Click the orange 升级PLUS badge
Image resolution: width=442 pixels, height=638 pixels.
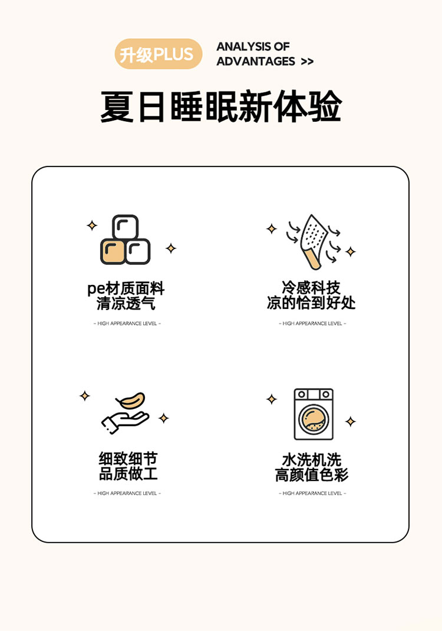point(158,54)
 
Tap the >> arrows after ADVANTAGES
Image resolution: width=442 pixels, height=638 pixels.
point(307,62)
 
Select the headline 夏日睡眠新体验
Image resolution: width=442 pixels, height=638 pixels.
point(221,107)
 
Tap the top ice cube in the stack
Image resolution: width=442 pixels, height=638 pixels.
point(125,227)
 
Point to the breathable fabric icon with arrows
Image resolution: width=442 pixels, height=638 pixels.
point(314,242)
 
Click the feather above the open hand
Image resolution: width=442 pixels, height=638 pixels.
point(131,400)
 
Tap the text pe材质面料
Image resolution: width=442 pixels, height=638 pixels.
point(126,289)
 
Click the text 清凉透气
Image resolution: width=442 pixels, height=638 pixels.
point(126,304)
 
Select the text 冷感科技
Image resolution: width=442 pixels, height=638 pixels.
point(311,288)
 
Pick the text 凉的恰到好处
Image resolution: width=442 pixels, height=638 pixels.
point(311,303)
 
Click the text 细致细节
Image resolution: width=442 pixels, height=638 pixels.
point(128,458)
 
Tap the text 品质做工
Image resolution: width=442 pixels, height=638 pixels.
point(128,474)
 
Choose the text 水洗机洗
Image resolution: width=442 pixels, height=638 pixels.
point(312,460)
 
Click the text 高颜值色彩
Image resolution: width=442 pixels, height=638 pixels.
point(312,475)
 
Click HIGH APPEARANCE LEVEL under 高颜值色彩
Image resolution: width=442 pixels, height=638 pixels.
point(312,493)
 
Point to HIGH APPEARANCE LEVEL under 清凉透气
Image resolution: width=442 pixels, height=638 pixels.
point(127,324)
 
